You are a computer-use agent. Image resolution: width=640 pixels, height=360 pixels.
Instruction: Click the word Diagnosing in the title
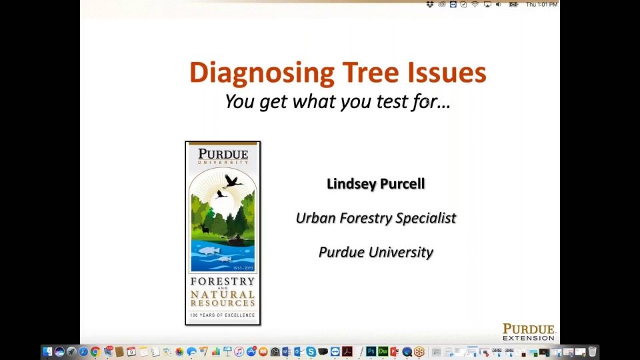262,73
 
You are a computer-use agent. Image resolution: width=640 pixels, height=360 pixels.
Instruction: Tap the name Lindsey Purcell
376,184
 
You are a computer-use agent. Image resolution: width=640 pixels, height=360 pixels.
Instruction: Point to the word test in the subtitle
391,101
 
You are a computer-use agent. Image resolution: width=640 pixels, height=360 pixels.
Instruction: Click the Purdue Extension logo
529,332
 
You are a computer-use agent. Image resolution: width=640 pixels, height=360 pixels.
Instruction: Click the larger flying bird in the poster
232,181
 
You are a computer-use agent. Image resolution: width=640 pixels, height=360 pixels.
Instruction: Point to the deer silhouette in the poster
204,227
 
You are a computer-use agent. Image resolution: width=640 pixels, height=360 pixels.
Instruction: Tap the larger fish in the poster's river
208,250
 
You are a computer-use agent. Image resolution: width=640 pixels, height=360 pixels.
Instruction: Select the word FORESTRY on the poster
223,281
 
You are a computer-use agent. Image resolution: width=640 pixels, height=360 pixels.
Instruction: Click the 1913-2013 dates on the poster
243,268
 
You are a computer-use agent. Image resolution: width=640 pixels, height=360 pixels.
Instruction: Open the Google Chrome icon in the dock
95,351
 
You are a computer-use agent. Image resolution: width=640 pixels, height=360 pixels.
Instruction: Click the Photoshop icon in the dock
371,351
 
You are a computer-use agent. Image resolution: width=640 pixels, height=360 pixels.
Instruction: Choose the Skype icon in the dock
311,351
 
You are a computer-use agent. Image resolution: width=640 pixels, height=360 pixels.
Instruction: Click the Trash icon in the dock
592,351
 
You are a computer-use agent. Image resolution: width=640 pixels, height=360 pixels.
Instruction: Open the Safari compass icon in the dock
83,351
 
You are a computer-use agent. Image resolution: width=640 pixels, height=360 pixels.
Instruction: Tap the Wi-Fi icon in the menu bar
475,5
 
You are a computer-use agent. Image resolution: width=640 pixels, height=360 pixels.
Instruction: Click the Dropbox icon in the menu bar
430,5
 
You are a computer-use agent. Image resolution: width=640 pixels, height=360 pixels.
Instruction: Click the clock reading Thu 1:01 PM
541,5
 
